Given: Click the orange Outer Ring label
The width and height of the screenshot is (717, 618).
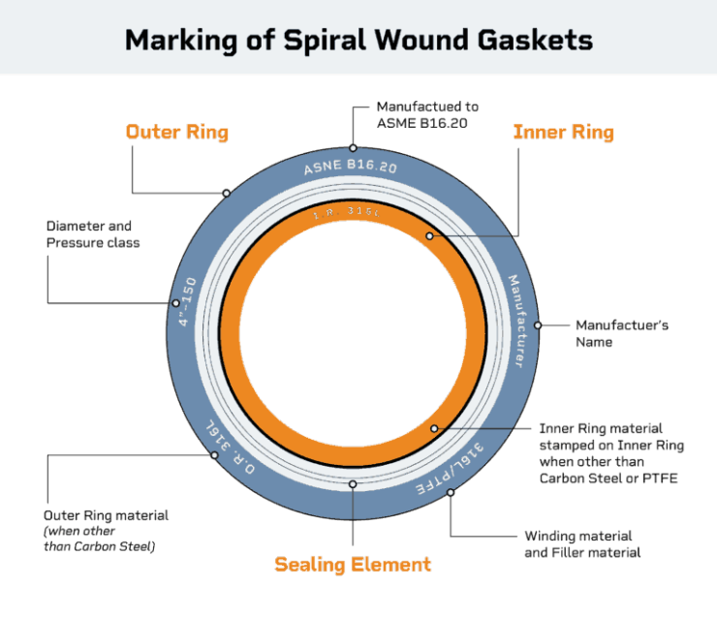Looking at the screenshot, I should tap(177, 132).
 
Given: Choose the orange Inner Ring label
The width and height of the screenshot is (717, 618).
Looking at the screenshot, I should tap(563, 132).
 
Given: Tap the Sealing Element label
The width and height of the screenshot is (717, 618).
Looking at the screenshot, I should tap(353, 564).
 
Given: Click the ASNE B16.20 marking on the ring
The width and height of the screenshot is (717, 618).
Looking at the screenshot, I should tap(352, 170).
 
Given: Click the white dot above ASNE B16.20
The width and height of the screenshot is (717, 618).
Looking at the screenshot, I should tap(354, 147).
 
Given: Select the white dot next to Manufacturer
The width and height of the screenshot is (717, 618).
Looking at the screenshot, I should tap(538, 325).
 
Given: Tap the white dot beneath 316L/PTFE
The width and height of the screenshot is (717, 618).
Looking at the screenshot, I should tap(451, 493).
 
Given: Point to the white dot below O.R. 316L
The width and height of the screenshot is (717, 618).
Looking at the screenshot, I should tap(214, 455).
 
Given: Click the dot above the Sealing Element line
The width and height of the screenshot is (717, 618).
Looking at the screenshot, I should tap(353, 483).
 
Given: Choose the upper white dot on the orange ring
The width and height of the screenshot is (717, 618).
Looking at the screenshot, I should tap(429, 235).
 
